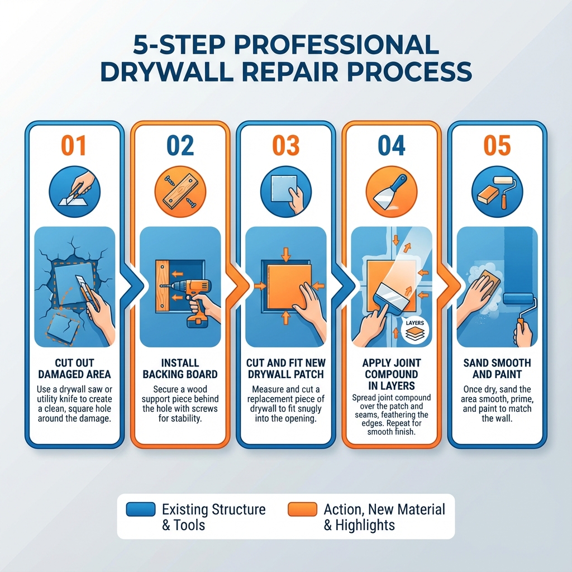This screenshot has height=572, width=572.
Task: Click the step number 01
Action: [74, 146]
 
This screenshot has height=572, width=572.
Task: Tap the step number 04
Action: [391, 146]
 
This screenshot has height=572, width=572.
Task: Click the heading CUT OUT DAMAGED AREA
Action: [74, 369]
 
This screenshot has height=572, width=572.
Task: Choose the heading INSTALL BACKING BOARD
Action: [180, 369]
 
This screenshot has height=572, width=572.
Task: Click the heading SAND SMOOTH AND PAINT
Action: [497, 369]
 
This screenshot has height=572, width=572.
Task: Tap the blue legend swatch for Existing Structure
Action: [141, 509]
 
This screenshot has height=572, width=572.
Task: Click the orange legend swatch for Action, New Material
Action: [302, 509]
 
